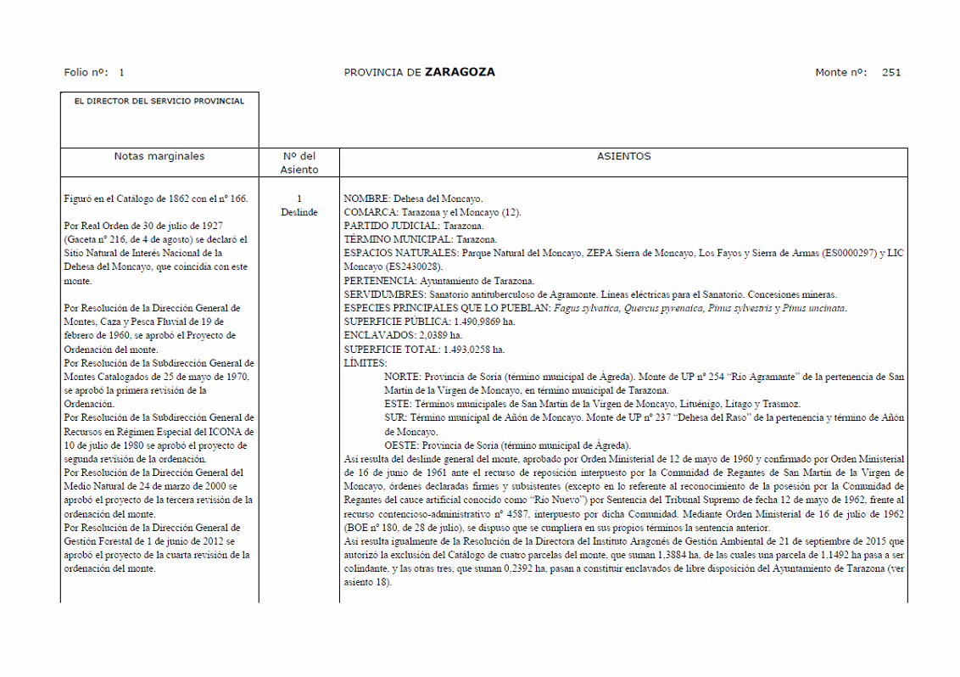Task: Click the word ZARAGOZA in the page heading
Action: pos(460,72)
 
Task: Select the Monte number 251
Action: pos(891,72)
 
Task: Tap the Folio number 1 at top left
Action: pos(121,72)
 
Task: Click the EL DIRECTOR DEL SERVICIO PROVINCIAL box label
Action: pos(159,101)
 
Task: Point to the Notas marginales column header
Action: pos(159,156)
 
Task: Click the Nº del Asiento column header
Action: pos(299,163)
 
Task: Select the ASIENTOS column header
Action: pos(623,156)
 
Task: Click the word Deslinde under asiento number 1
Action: pos(299,212)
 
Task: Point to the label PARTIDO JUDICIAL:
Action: pos(391,226)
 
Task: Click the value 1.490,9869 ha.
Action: pos(484,322)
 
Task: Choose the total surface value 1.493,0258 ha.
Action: pos(474,349)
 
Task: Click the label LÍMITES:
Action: pos(366,362)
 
